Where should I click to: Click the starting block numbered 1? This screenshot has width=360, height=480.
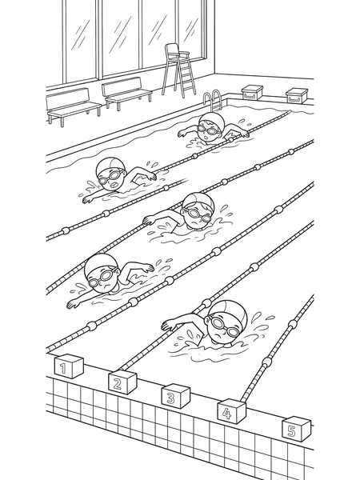pos(69,366)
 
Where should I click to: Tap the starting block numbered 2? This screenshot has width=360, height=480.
pos(122,382)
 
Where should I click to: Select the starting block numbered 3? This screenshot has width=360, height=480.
pos(176,396)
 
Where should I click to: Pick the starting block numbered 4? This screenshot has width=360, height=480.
pos(232,411)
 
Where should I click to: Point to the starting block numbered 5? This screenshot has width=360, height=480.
pos(296,429)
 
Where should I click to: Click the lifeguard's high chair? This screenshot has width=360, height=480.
pos(178,70)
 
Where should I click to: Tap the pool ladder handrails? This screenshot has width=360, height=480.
pos(213,101)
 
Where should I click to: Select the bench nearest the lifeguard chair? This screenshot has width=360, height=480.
pos(126,93)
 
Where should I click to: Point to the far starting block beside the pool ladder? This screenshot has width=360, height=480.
pos(252,93)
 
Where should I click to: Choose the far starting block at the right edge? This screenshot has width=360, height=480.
pos(297,95)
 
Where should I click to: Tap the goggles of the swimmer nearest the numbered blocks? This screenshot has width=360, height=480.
pos(223,326)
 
